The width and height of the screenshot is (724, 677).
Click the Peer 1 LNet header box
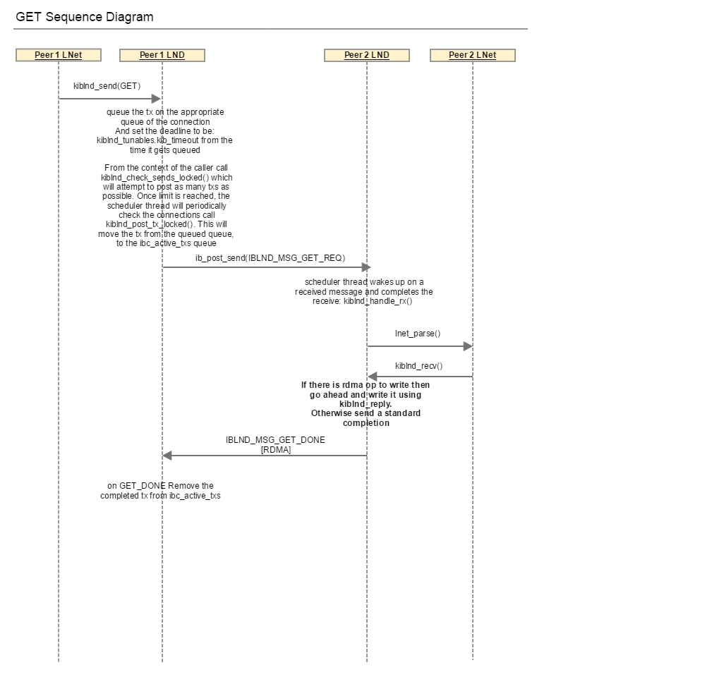(x=59, y=55)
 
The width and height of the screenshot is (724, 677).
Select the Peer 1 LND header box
(x=162, y=55)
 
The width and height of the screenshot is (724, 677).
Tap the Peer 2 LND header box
(x=367, y=55)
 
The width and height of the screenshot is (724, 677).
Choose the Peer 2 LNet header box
(x=473, y=55)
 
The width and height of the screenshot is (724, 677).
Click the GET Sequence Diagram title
(x=85, y=17)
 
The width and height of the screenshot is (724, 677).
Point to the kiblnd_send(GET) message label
(x=107, y=86)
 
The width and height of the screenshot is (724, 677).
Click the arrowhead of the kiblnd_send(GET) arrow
(x=157, y=98)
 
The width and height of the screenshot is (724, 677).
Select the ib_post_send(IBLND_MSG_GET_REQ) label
(x=270, y=258)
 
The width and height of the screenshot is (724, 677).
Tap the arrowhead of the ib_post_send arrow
(x=366, y=267)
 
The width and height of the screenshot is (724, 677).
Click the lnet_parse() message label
(x=418, y=333)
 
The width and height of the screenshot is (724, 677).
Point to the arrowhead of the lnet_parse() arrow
(x=468, y=346)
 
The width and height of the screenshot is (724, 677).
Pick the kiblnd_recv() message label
(x=418, y=366)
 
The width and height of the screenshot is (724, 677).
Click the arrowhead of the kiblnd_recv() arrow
(x=372, y=377)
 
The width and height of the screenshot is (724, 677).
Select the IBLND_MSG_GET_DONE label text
(x=275, y=440)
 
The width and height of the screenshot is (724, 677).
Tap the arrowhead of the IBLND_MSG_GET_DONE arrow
(x=167, y=456)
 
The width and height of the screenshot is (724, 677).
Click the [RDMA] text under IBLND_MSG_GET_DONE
(x=276, y=449)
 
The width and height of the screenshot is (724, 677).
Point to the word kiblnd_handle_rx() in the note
(x=378, y=301)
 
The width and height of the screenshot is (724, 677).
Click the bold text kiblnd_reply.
(x=366, y=404)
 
